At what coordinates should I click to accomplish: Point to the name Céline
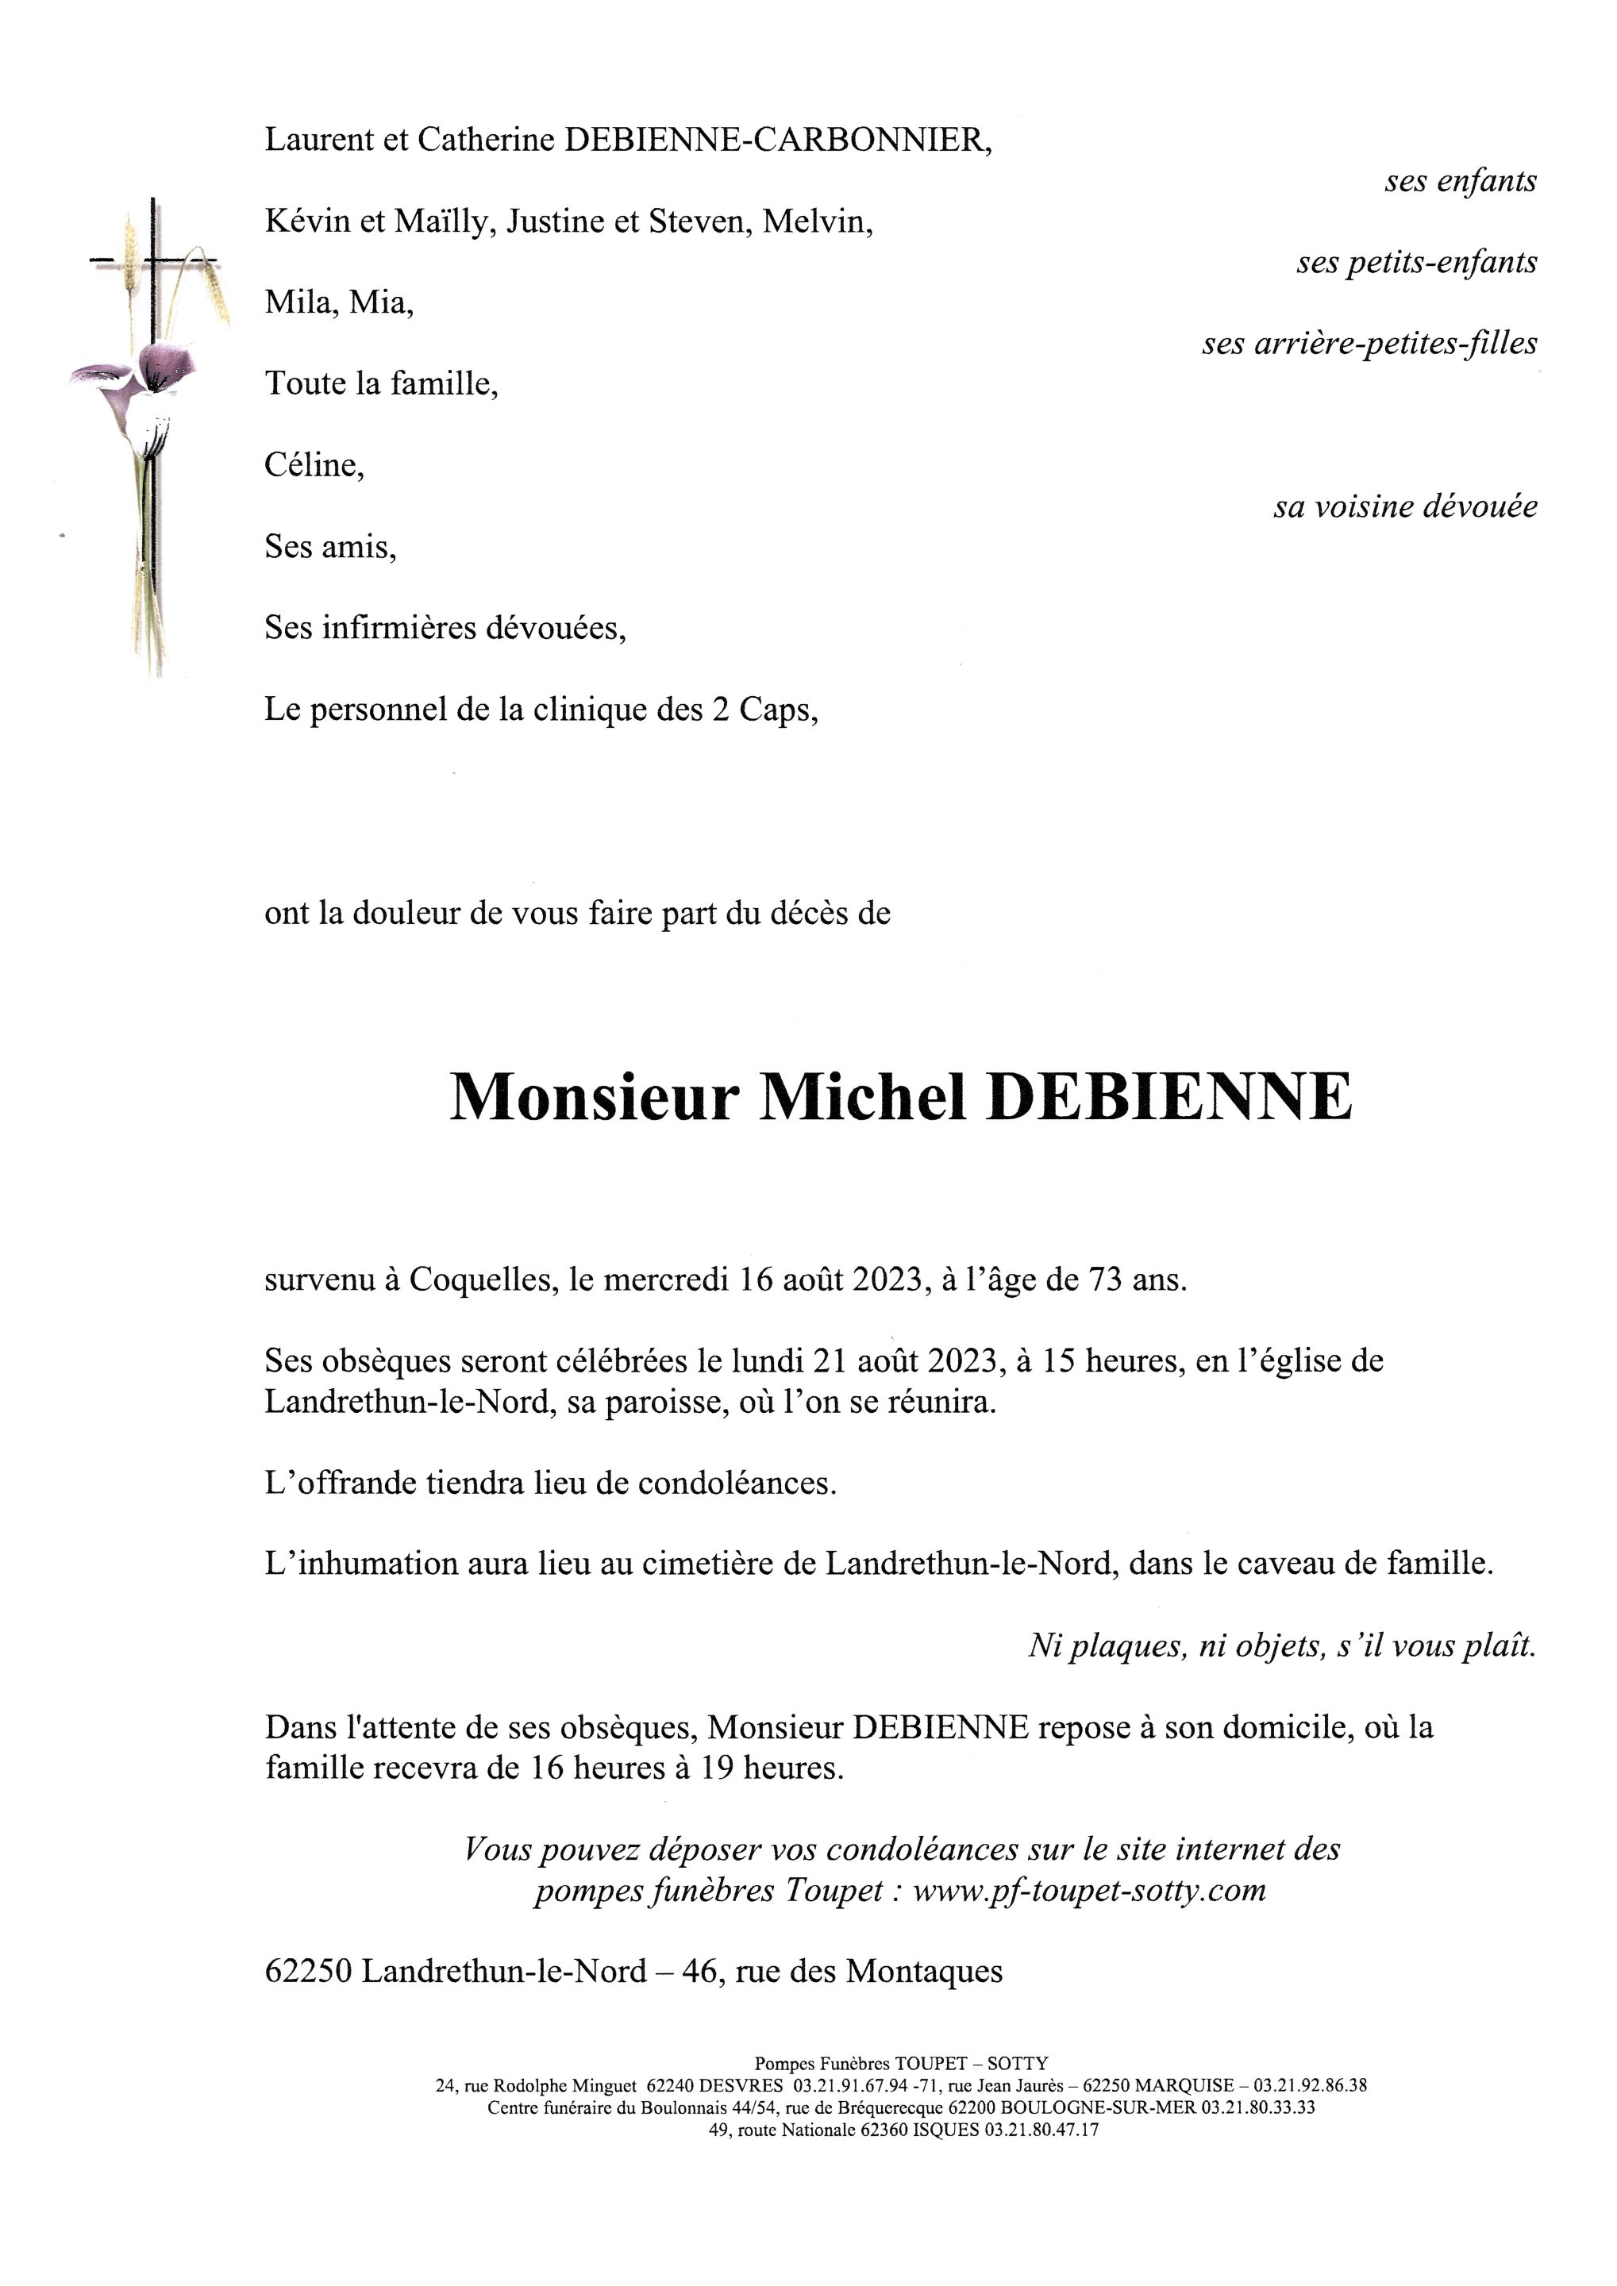[313, 465]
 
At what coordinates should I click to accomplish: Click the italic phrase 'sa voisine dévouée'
[1405, 506]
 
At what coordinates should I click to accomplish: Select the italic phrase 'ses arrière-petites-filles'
[1369, 344]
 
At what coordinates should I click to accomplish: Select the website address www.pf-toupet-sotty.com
[1088, 1890]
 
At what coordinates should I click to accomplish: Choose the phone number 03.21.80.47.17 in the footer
[1041, 2130]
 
